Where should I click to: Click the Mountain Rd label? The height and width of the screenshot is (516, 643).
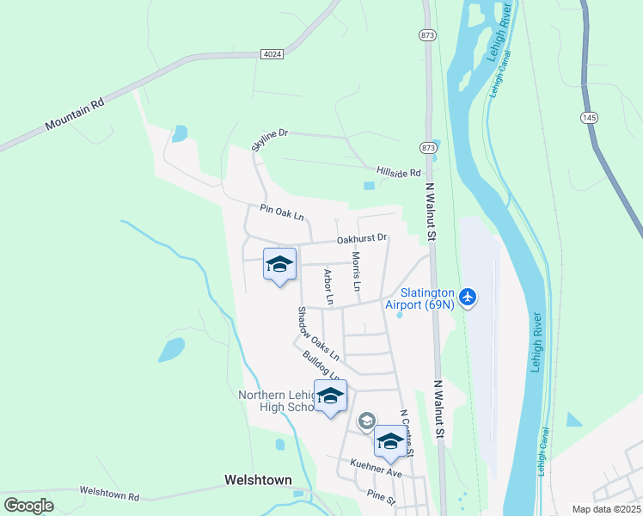click(x=75, y=113)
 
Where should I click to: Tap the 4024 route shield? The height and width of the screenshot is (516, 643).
click(x=272, y=53)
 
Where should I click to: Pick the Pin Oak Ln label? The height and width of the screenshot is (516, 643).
click(x=282, y=212)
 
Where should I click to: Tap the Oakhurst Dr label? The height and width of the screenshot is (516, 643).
click(x=362, y=238)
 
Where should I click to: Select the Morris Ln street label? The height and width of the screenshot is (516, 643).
click(x=355, y=270)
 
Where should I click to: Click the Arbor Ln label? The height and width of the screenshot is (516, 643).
click(x=328, y=286)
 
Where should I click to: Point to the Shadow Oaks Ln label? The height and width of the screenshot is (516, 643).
click(x=318, y=334)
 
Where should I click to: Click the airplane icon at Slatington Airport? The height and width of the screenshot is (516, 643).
click(x=468, y=298)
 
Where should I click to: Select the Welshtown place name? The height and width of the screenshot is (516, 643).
click(x=257, y=480)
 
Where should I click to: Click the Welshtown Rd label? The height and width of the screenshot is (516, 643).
click(x=109, y=494)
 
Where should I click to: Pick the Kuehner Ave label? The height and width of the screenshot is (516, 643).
click(x=377, y=469)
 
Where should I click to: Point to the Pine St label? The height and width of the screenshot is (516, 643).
click(x=380, y=496)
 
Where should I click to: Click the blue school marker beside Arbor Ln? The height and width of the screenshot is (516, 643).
click(x=279, y=266)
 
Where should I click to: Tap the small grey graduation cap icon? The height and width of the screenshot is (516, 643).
click(x=366, y=421)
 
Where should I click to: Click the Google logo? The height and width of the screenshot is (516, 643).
click(x=28, y=506)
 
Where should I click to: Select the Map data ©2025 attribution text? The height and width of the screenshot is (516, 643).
click(x=606, y=509)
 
